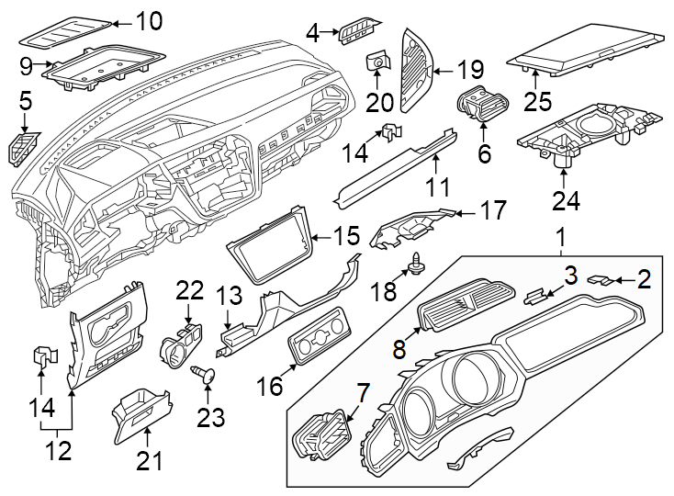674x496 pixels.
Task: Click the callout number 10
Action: click(148, 20)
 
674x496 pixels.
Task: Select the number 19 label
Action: click(470, 70)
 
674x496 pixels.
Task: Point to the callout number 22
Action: click(189, 290)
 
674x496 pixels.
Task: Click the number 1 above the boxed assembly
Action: click(559, 240)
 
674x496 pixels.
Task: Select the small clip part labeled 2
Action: click(601, 279)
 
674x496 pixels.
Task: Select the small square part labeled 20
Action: click(376, 62)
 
